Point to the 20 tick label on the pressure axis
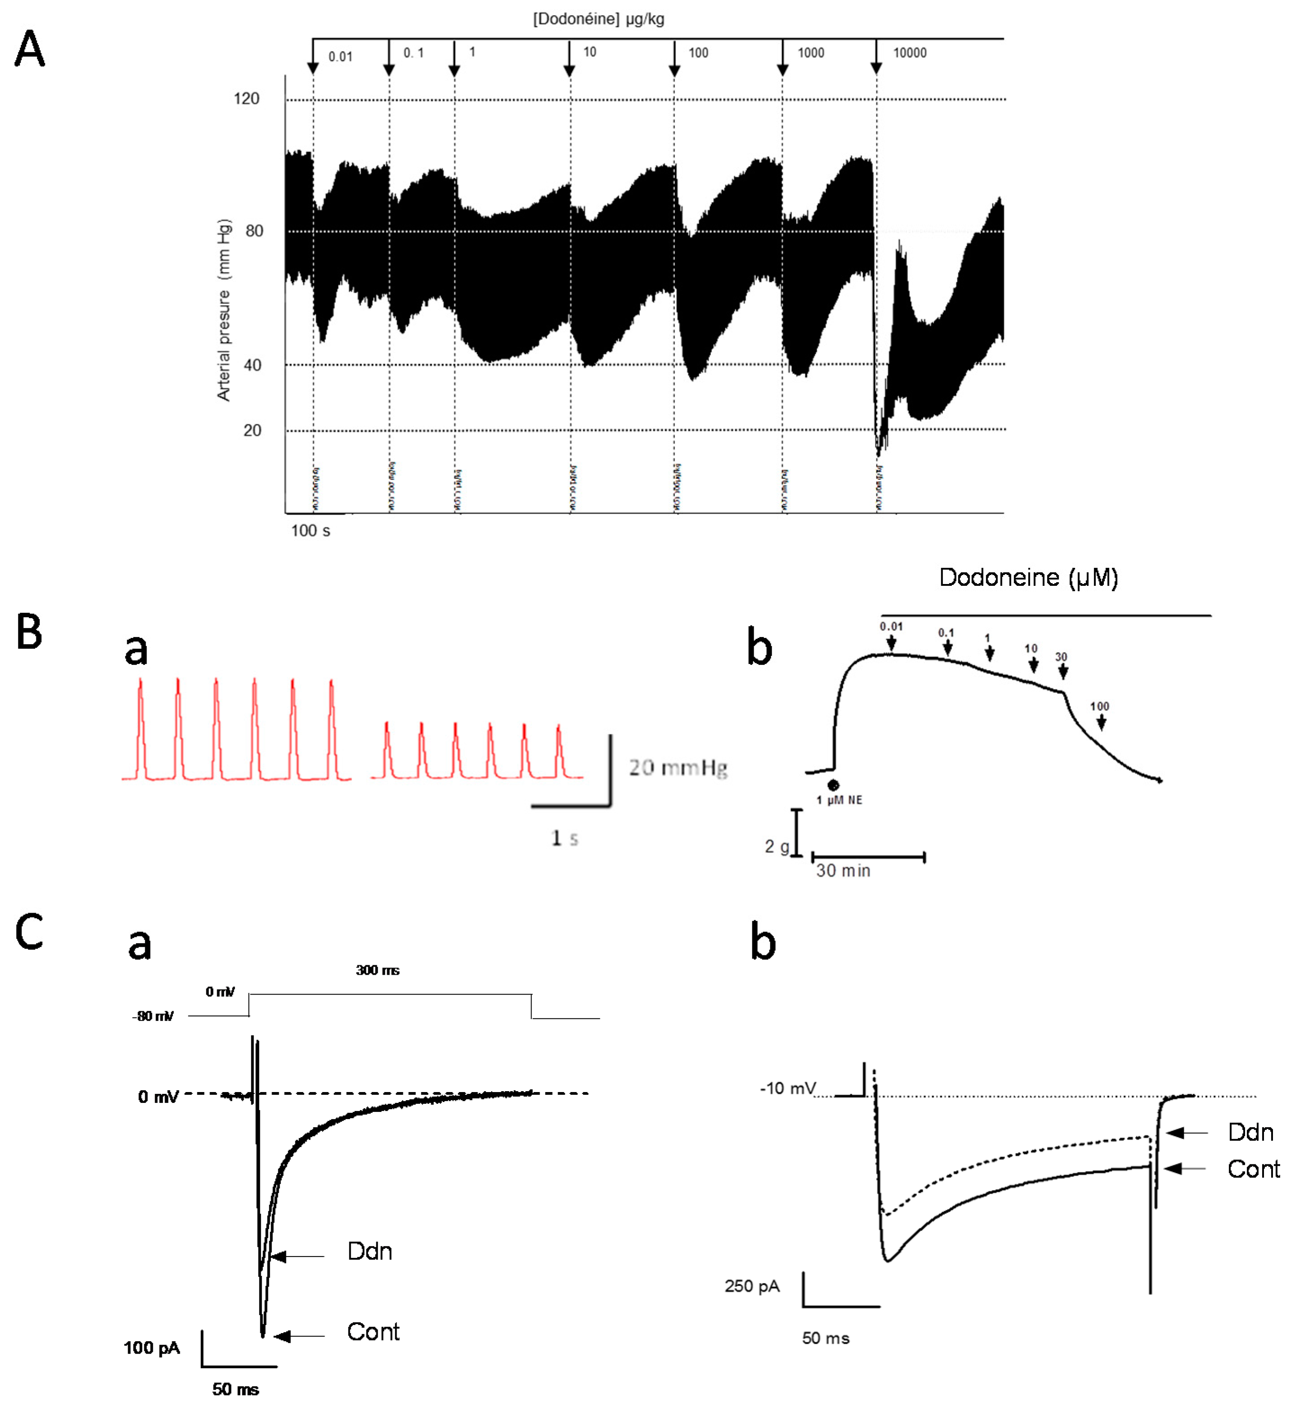point(252,431)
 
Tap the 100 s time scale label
point(310,531)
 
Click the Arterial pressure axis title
point(223,310)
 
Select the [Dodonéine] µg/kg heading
point(598,19)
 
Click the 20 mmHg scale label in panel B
point(678,768)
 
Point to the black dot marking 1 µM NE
point(833,785)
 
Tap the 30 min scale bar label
point(843,871)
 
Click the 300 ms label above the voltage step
point(377,970)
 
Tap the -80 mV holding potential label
point(153,1016)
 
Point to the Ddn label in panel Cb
point(1250,1132)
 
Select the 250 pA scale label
point(752,1286)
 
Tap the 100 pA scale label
point(152,1348)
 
